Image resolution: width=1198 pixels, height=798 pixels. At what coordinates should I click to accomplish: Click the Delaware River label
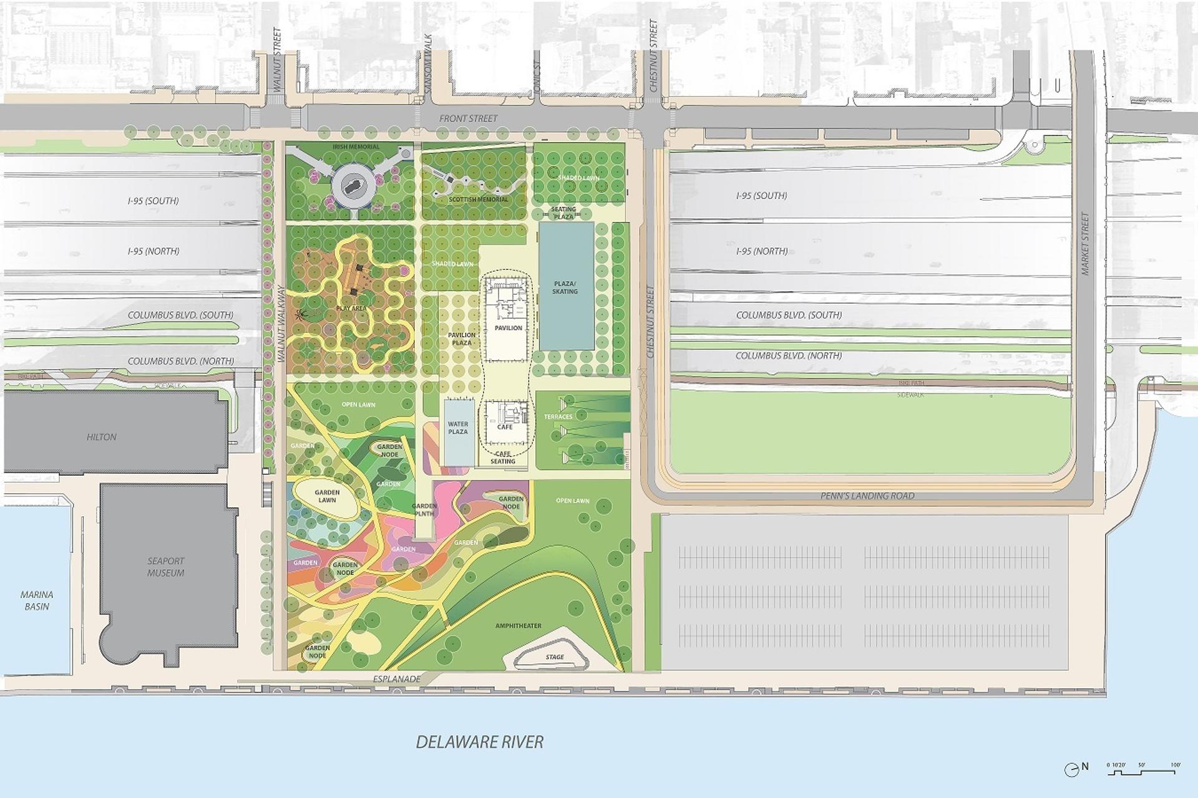479,742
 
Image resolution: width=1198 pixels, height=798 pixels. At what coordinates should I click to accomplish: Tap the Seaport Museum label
166,567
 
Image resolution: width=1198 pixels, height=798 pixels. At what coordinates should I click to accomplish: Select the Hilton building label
102,437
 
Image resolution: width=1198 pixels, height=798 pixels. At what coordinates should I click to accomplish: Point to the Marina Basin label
37,600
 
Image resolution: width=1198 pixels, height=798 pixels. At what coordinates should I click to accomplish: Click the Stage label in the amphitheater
554,657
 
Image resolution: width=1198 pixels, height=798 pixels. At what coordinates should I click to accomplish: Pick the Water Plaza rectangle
458,432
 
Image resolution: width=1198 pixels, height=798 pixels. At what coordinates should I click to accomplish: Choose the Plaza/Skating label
565,287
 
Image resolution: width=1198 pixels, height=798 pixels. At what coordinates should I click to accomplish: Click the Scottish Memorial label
479,199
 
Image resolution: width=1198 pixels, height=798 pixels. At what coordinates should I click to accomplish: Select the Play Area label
351,309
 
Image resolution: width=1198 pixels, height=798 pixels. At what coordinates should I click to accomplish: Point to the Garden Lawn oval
326,496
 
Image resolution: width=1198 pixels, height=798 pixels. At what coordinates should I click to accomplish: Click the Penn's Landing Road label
868,496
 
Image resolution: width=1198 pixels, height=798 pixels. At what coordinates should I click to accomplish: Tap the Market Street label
1084,244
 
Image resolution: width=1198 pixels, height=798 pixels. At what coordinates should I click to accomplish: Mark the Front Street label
469,118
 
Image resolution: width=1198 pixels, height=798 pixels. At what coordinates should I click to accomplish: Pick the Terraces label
558,416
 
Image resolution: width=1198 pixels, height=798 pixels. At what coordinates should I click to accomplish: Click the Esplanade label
397,679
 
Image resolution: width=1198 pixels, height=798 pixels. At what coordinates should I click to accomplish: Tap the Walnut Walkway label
281,324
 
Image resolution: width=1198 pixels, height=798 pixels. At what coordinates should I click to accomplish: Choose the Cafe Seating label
503,458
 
